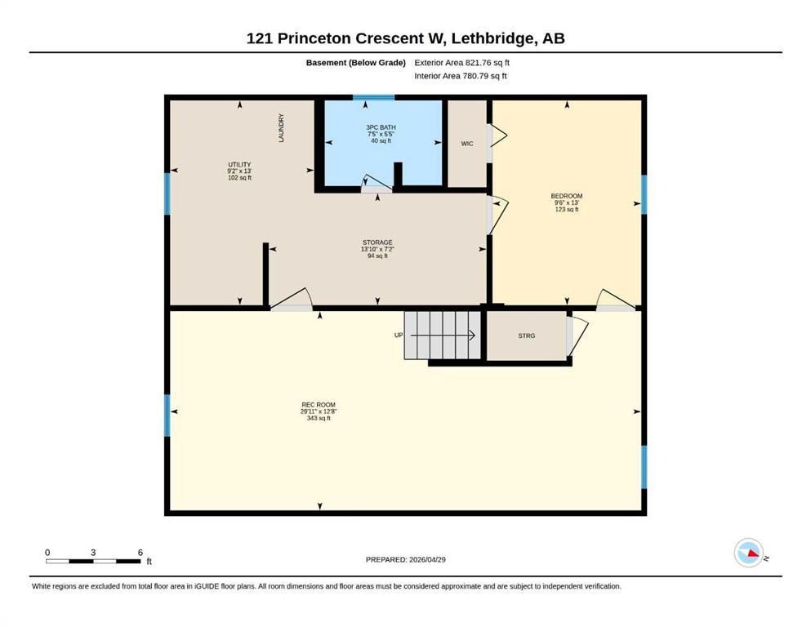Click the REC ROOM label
point(319,405)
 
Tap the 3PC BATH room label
point(381,127)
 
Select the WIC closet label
point(467,144)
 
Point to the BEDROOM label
point(566,196)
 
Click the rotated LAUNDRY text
point(282,128)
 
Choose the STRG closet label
point(527,336)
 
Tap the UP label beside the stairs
point(399,335)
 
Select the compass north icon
point(749,553)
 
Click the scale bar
point(93,561)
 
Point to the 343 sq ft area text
point(319,418)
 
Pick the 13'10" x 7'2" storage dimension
point(377,249)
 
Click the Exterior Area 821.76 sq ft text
point(462,63)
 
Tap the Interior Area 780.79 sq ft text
point(461,76)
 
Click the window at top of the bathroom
point(373,97)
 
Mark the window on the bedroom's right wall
point(644,194)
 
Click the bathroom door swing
point(377,182)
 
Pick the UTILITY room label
point(239,164)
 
